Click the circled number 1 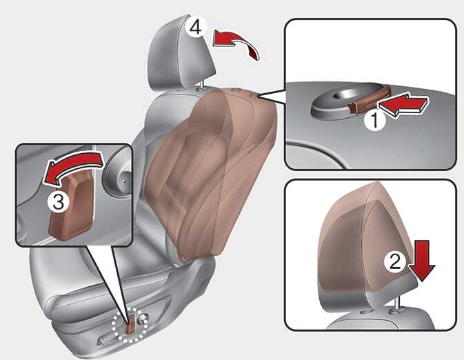coord(374,121)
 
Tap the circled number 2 coord(395,261)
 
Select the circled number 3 coord(59,202)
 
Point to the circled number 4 coord(196,27)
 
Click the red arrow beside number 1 coord(403,105)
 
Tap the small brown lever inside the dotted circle coord(130,326)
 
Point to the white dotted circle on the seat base coord(130,325)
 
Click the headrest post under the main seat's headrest coord(201,86)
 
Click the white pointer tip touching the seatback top coord(259,96)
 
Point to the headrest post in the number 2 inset coord(397,304)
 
